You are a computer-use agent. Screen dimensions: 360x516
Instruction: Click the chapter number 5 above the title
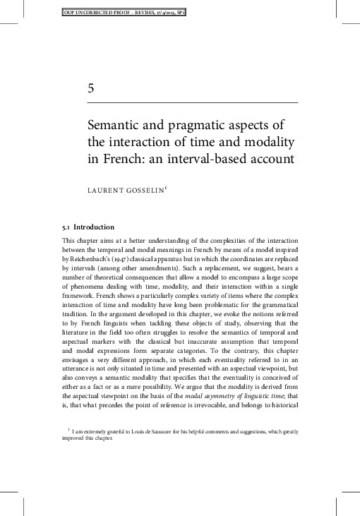click(91, 88)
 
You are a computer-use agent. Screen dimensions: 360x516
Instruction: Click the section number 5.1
click(69, 227)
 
